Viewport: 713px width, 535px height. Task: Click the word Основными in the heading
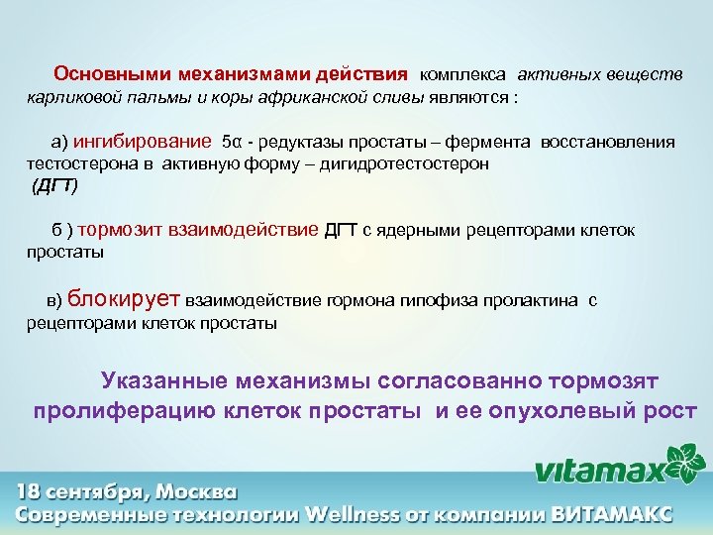click(102, 74)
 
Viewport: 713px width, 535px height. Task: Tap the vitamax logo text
click(600, 470)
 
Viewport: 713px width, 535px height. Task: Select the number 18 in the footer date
click(30, 492)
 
